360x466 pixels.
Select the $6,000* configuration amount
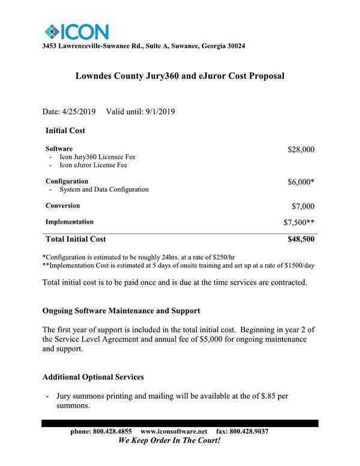tap(299, 182)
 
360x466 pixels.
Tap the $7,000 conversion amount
tap(302, 206)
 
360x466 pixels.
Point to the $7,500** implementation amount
tap(299, 223)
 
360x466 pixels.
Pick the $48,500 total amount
tap(301, 239)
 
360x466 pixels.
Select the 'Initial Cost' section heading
tap(65, 130)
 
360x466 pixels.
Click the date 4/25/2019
tap(80, 112)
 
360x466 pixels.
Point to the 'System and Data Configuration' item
tap(104, 190)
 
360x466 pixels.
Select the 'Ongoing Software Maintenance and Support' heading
tap(121, 311)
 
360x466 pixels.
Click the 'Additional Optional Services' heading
tap(93, 377)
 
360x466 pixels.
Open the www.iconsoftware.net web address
tap(173, 431)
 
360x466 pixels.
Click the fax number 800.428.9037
tap(248, 431)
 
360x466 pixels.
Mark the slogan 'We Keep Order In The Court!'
tap(170, 441)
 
